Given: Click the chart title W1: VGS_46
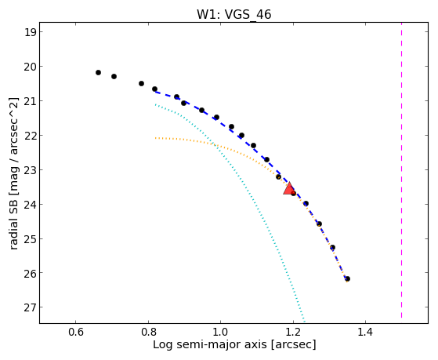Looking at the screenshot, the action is click(233, 15).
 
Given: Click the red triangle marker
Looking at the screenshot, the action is click(289, 188).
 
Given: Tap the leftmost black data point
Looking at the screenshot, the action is click(98, 72).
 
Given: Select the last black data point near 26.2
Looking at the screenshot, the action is click(347, 278).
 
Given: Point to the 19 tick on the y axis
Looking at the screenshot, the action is click(31, 32).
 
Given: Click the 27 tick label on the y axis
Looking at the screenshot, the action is click(31, 307).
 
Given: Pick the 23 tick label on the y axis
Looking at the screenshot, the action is click(31, 169).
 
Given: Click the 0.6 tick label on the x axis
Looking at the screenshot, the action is click(76, 332).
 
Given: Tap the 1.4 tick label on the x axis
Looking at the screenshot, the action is click(365, 332).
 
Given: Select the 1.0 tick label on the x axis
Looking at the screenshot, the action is click(221, 332).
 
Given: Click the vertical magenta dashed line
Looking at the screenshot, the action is click(401, 171).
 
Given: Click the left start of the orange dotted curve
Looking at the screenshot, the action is click(156, 138).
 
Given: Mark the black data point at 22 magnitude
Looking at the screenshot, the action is click(241, 136).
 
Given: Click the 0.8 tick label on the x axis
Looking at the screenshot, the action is click(148, 332).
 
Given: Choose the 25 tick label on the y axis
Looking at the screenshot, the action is click(31, 238).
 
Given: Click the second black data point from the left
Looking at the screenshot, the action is click(114, 76).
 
